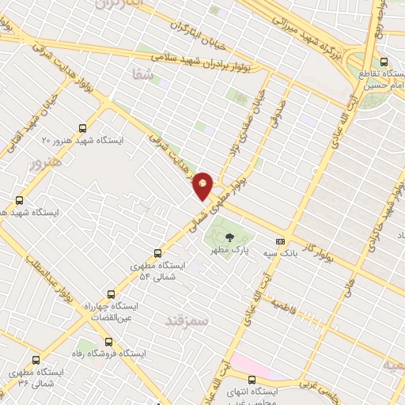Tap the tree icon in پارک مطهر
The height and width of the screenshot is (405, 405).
tap(229, 236)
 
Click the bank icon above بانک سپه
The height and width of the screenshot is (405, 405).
tap(280, 241)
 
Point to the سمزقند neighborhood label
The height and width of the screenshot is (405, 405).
tap(185, 320)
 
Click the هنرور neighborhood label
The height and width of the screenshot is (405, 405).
tap(44, 167)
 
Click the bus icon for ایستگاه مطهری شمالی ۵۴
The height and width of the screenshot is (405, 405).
tap(158, 254)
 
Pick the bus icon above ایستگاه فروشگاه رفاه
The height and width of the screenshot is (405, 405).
tap(108, 343)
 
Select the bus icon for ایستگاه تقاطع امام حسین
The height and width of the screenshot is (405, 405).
tap(384, 61)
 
